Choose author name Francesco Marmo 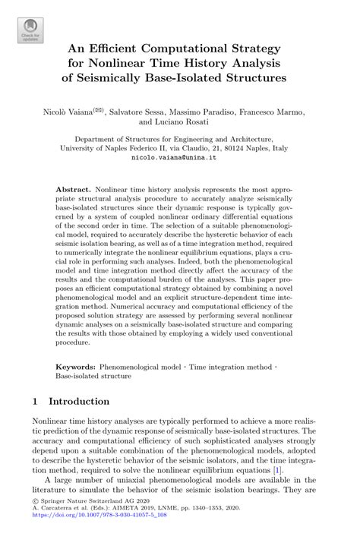click(x=278, y=112)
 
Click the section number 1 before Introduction click(x=36, y=400)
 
